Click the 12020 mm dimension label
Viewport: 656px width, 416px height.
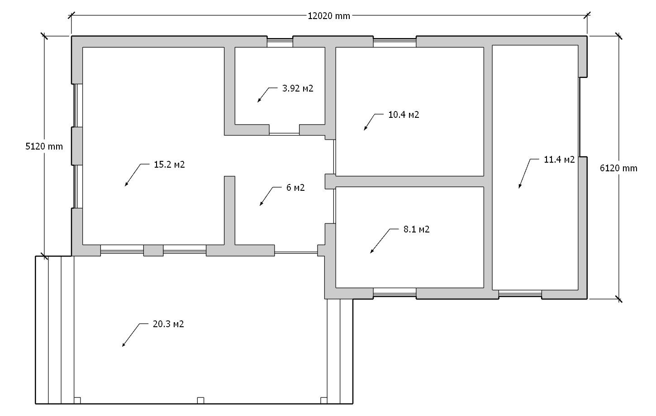pyautogui.click(x=329, y=16)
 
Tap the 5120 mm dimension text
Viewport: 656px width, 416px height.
pyautogui.click(x=44, y=146)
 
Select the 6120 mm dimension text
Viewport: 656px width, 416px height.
pyautogui.click(x=618, y=168)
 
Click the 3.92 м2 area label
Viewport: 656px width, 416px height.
pyautogui.click(x=298, y=88)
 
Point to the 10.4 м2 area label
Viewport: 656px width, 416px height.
pyautogui.click(x=404, y=114)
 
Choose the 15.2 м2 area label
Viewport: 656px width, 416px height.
pyautogui.click(x=169, y=164)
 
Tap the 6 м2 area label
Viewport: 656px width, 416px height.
pyautogui.click(x=295, y=188)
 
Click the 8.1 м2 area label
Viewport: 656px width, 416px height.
pyautogui.click(x=416, y=229)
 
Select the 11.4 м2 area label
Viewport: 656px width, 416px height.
pyautogui.click(x=559, y=160)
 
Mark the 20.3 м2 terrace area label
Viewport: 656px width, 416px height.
pyautogui.click(x=168, y=324)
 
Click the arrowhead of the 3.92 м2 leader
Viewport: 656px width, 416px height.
pyautogui.click(x=258, y=101)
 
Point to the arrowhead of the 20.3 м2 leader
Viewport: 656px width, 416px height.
pyautogui.click(x=124, y=345)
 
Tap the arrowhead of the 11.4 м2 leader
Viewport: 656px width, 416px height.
pyautogui.click(x=519, y=187)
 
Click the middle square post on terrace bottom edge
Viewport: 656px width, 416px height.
pyautogui.click(x=200, y=401)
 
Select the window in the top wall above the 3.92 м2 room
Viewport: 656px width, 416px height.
pyautogui.click(x=280, y=42)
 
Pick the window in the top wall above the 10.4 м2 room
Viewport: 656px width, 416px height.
pyautogui.click(x=395, y=42)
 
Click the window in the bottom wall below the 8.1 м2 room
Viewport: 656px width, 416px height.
pyautogui.click(x=395, y=293)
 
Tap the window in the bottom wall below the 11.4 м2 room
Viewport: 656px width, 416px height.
pyautogui.click(x=520, y=294)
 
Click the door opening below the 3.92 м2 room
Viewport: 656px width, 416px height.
pyautogui.click(x=284, y=134)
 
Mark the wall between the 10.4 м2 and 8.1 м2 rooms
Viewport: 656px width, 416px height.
pyautogui.click(x=409, y=182)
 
